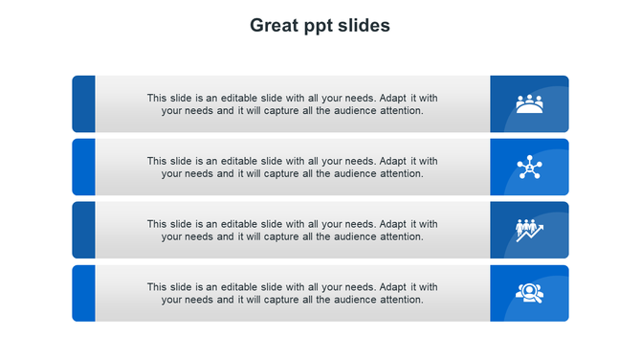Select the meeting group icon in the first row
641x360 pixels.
tap(529, 103)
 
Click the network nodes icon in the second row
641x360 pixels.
tap(529, 168)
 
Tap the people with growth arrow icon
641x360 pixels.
tap(529, 231)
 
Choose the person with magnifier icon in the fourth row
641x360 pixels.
tap(529, 293)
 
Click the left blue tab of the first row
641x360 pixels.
tap(84, 103)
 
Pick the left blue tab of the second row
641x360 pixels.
tap(84, 168)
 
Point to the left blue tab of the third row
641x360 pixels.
tap(84, 230)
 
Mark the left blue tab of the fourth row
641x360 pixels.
tap(84, 293)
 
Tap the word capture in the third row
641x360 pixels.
tap(282, 236)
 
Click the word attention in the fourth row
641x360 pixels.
tap(402, 300)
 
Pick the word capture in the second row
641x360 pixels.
tap(282, 174)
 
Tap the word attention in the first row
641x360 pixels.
tap(402, 110)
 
